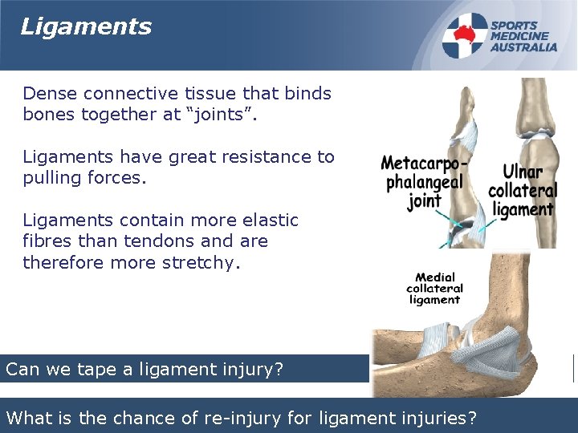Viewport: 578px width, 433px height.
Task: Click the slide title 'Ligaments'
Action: (x=86, y=26)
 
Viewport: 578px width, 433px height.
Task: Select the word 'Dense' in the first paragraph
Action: (x=47, y=93)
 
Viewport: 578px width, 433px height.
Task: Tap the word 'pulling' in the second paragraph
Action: (x=51, y=178)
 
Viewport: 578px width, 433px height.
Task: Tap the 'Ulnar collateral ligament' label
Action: (x=523, y=191)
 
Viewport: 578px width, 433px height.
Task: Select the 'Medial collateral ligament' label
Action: (x=434, y=289)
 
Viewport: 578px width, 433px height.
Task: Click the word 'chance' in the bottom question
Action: (x=138, y=417)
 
